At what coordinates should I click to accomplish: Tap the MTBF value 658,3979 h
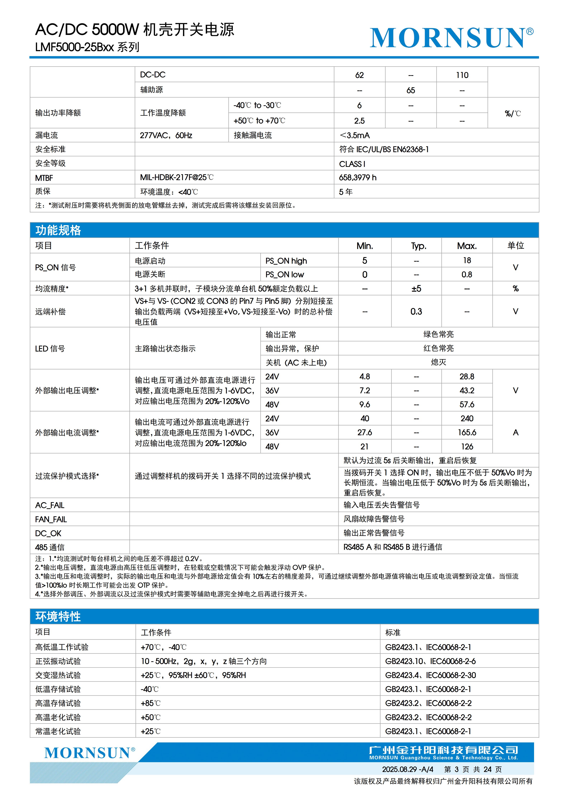pos(357,178)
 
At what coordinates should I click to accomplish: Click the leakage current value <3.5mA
pos(355,135)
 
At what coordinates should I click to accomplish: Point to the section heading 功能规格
pos(58,230)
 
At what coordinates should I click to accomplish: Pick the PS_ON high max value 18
pos(467,261)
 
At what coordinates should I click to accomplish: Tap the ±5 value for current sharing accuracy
pos(416,288)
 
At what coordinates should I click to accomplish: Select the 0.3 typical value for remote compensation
pos(416,311)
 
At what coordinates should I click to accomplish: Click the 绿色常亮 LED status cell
pos(438,334)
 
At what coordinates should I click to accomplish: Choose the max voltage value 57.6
pos(467,405)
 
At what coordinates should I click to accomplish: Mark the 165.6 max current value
pos(467,433)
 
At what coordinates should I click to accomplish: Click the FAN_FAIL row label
pos(51,519)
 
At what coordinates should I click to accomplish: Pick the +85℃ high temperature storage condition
pos(151,703)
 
